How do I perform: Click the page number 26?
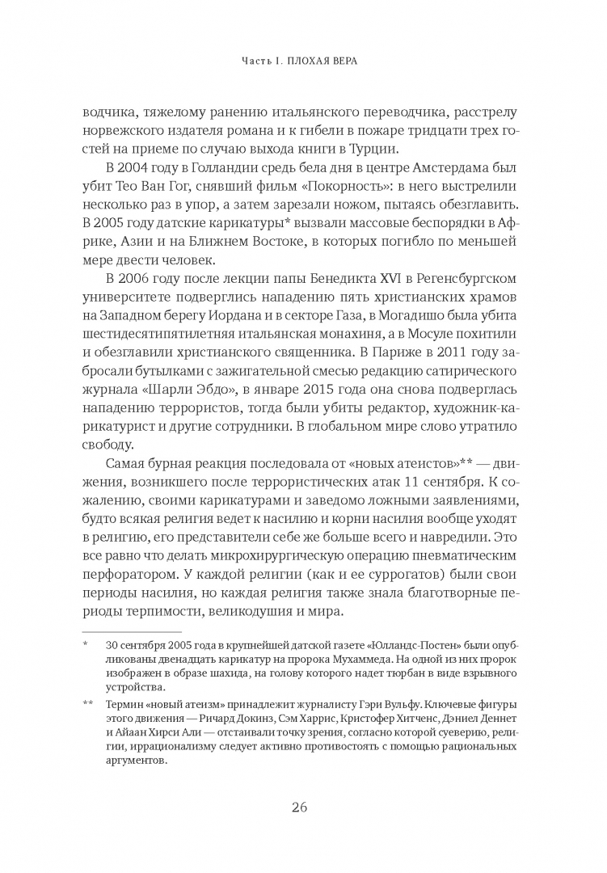tap(303, 806)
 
